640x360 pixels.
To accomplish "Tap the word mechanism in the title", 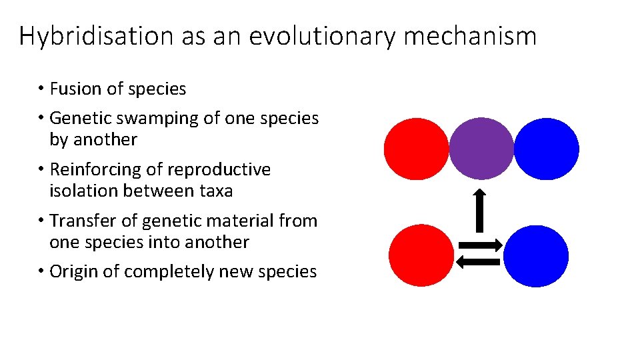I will coord(470,35).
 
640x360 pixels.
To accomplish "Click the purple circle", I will coord(481,148).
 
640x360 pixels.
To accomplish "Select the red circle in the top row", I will coord(416,149).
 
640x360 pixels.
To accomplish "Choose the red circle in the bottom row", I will coord(421,256).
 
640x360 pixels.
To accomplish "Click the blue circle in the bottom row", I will coord(535,256).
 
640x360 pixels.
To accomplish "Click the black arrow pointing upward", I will coord(479,209).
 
